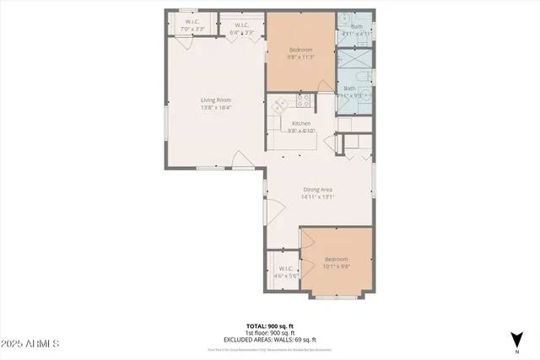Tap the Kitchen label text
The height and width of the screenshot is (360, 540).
301,122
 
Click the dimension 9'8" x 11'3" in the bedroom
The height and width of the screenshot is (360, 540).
301,57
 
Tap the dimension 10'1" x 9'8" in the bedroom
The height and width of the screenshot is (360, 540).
336,266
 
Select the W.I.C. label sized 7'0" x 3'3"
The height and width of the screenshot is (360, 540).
193,30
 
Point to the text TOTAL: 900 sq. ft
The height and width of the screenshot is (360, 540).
269,325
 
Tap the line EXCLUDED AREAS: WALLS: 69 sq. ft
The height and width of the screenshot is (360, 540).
269,339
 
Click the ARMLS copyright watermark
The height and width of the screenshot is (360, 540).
30,344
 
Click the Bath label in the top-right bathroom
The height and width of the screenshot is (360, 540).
356,26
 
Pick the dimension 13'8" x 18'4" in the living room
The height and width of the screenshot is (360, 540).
216,107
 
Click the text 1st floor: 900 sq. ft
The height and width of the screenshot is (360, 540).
269,332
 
